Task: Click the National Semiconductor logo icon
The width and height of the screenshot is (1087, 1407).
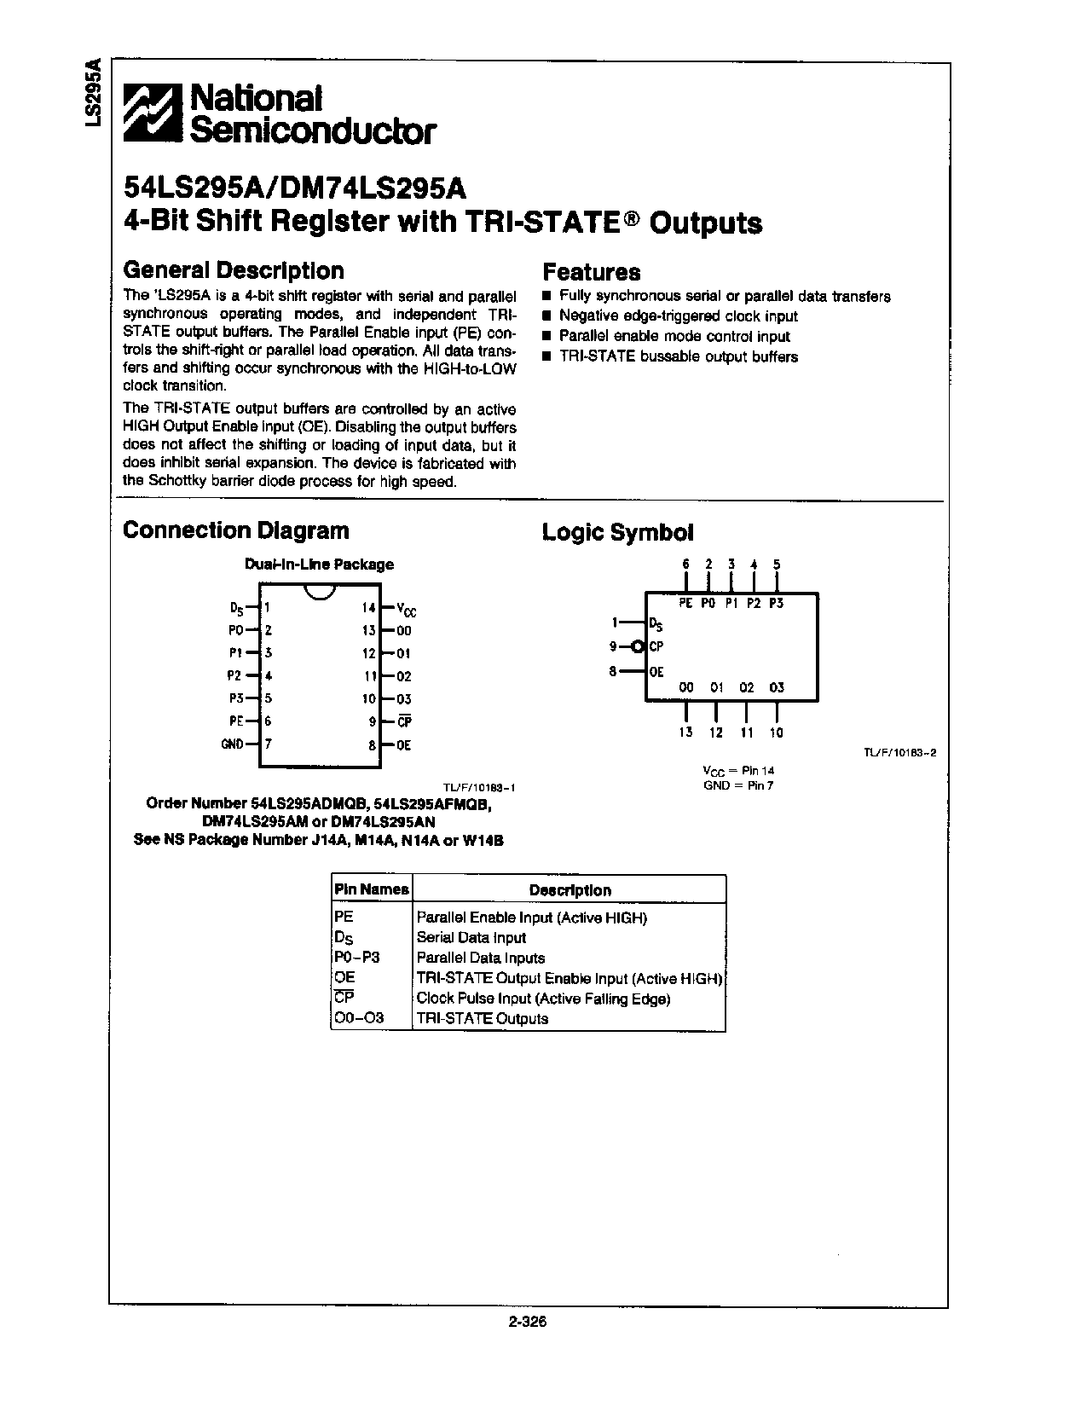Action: (153, 113)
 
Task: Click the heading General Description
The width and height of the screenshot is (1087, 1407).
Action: (234, 270)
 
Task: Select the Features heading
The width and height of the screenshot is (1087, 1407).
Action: (591, 272)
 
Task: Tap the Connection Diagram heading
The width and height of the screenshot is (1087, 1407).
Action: (236, 530)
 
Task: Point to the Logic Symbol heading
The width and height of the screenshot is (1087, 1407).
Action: (617, 533)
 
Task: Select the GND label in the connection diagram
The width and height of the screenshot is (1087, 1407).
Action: (232, 744)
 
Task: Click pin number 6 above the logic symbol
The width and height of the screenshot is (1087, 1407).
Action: (685, 565)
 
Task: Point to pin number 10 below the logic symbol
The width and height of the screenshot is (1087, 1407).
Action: (776, 732)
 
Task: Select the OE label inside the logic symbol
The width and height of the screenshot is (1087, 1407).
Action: (656, 672)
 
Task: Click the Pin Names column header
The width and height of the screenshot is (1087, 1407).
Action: (371, 889)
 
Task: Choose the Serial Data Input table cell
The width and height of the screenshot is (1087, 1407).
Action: (471, 938)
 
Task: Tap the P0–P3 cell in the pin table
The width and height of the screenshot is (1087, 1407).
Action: (357, 958)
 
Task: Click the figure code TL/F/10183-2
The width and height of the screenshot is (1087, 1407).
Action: (893, 754)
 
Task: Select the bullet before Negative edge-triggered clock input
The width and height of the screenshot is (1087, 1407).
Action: (547, 316)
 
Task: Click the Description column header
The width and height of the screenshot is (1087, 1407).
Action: (570, 890)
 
